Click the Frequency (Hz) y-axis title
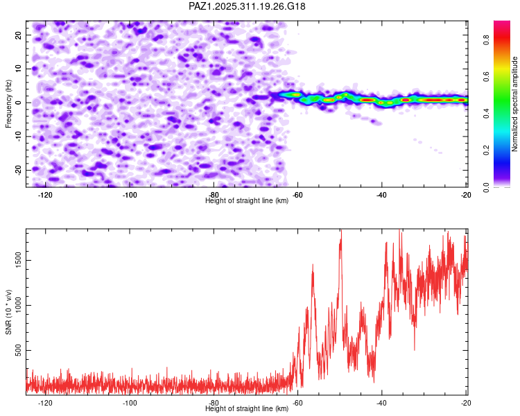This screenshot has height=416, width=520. pyautogui.click(x=9, y=103)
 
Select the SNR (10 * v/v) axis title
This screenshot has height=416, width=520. pyautogui.click(x=9, y=311)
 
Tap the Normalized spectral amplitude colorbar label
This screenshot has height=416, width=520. pyautogui.click(x=515, y=104)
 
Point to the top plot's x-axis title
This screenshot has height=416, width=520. pyautogui.click(x=247, y=200)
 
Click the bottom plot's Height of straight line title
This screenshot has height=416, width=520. pyautogui.click(x=247, y=408)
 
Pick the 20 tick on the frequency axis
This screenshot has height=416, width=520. pyautogui.click(x=19, y=35)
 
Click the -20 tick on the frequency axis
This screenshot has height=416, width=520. pyautogui.click(x=17, y=170)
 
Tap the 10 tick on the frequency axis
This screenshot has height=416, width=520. pyautogui.click(x=19, y=69)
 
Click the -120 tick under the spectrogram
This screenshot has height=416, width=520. pyautogui.click(x=46, y=195)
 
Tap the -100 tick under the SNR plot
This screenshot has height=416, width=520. pyautogui.click(x=130, y=403)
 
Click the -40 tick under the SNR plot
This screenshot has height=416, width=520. pyautogui.click(x=381, y=403)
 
